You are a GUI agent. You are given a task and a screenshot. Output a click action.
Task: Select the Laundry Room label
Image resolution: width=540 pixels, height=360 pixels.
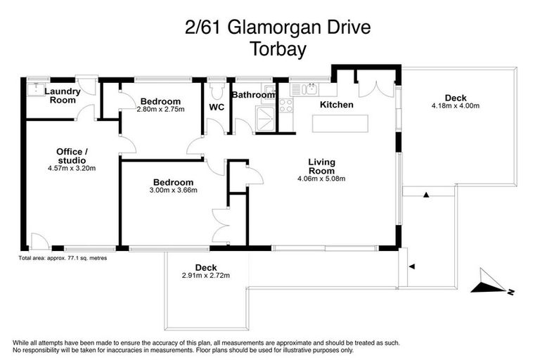click(x=63, y=96)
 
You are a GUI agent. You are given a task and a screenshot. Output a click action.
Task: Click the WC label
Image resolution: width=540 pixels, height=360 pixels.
click(x=217, y=108)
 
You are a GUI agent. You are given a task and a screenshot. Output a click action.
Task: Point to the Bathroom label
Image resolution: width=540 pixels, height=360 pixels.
click(x=253, y=95)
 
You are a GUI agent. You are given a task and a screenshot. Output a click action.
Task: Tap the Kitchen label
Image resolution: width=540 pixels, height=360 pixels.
click(x=336, y=105)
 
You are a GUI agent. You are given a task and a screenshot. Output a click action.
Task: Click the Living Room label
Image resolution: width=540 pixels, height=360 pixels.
click(x=321, y=167)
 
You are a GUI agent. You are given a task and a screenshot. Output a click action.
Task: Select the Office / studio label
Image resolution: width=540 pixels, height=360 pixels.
click(x=72, y=155)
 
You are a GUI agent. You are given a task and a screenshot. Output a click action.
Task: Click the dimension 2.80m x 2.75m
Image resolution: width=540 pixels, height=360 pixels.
click(x=160, y=110)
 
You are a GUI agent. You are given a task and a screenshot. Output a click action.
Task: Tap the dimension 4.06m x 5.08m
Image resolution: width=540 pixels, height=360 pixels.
click(x=321, y=179)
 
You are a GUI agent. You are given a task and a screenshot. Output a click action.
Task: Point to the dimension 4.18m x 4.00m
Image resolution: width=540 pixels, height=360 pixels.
click(x=455, y=106)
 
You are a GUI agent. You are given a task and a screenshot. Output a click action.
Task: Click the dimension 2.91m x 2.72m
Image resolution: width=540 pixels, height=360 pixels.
click(x=206, y=275)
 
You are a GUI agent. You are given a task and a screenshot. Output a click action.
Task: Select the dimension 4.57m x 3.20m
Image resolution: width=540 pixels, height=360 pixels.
click(x=72, y=168)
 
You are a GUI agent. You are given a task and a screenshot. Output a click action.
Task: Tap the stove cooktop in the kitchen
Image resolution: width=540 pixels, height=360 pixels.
click(x=286, y=106)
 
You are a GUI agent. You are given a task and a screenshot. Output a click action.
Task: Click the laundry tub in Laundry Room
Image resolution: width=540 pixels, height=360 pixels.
click(x=34, y=89)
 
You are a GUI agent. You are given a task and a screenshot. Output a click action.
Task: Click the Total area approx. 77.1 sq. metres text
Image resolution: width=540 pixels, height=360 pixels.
click(x=63, y=258)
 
